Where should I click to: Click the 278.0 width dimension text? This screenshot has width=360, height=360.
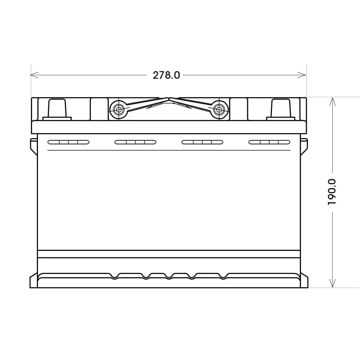click(x=166, y=75)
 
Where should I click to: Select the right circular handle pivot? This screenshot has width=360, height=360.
click(x=219, y=110)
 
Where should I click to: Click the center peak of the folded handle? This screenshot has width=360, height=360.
click(x=169, y=99)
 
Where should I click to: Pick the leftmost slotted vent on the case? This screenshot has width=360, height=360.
click(x=68, y=142)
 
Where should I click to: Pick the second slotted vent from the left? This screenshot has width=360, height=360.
click(x=135, y=142)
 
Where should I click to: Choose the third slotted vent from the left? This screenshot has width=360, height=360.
click(x=202, y=142)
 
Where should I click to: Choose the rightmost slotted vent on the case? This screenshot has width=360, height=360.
click(x=269, y=142)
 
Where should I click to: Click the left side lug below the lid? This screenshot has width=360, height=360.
click(x=33, y=146)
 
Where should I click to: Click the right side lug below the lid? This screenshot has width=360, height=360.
click(x=304, y=146)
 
